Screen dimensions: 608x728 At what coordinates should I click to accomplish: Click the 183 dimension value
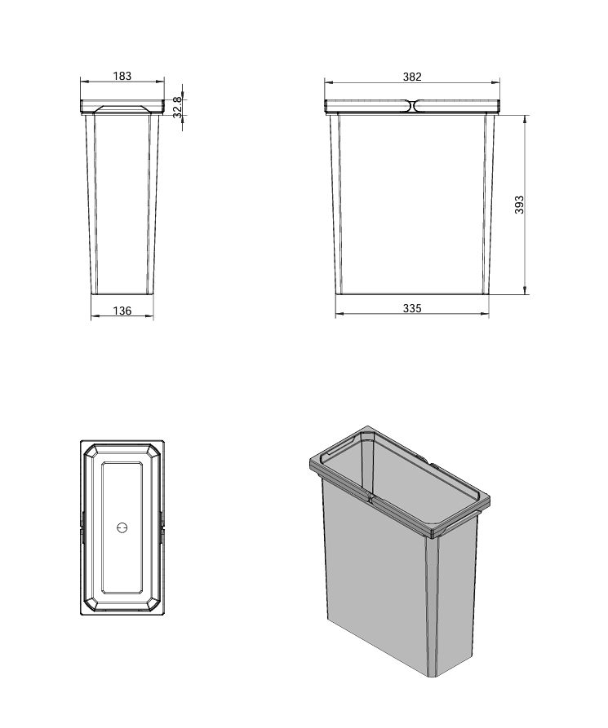122,76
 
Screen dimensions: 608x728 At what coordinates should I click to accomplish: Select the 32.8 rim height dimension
178,107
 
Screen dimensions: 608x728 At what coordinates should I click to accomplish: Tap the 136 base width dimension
122,311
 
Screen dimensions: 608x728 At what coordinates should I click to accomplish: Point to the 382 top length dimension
412,77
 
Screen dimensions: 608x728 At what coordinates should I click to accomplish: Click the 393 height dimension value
519,205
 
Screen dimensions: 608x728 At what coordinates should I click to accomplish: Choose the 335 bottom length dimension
412,308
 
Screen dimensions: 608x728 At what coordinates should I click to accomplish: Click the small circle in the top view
122,528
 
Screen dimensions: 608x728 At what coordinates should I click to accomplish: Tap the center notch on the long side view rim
412,106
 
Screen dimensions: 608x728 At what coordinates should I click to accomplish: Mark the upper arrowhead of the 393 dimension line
526,119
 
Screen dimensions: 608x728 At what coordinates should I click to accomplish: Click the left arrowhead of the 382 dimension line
329,82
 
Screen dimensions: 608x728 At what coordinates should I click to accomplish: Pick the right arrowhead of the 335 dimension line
485,315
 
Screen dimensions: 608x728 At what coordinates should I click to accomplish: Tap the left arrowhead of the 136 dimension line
95,316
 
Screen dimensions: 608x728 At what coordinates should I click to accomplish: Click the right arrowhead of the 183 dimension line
161,82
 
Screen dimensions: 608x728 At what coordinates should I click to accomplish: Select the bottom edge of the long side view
412,294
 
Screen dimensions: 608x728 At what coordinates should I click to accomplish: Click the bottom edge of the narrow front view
122,294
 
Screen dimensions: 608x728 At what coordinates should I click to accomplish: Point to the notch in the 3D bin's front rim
370,498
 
